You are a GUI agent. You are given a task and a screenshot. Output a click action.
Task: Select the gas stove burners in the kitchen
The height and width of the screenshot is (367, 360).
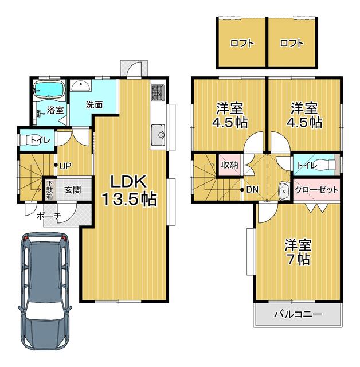point(158,93)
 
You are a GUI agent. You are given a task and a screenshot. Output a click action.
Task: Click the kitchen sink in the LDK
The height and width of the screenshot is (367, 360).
point(158,135)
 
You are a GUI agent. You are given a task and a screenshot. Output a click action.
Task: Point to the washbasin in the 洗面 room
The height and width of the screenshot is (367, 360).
point(81,85)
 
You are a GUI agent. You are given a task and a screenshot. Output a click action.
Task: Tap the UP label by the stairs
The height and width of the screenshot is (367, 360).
point(65,166)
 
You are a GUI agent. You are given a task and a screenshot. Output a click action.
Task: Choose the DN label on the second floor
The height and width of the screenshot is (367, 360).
point(252,189)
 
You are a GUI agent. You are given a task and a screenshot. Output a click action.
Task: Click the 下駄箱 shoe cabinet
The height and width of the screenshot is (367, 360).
point(49,190)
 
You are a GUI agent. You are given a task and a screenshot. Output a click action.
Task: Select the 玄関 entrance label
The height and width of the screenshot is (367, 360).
point(73,190)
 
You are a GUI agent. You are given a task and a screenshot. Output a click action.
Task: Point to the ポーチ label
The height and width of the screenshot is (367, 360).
point(49,216)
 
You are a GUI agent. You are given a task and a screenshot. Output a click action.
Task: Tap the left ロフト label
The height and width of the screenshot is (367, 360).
point(242,44)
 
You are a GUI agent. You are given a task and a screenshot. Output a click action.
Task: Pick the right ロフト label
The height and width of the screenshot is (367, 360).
point(292,44)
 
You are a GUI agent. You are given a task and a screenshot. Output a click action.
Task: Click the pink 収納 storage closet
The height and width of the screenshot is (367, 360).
point(230,165)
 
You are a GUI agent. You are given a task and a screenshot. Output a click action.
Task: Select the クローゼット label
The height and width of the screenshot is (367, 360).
point(316,190)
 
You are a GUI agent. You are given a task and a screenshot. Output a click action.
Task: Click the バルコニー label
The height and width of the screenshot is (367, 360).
point(298,314)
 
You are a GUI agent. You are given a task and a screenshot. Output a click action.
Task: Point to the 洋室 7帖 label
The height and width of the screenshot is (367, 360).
point(298,252)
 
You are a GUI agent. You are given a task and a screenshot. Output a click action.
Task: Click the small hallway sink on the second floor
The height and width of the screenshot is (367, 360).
point(284,190)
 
